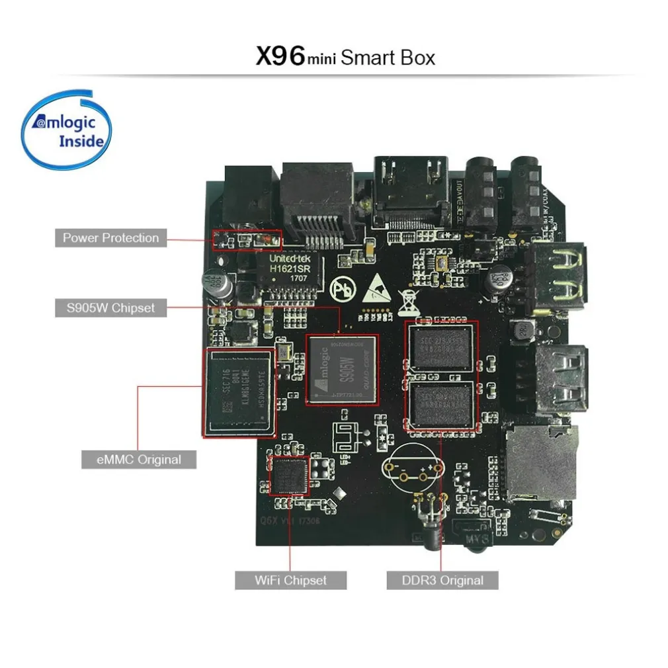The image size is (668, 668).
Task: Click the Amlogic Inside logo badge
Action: (67, 130)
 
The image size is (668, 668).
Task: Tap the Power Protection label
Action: (110, 238)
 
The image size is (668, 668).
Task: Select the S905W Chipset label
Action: (110, 308)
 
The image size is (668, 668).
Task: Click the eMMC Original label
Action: (139, 459)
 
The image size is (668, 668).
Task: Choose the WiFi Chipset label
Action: (291, 580)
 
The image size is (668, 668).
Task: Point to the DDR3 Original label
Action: (442, 580)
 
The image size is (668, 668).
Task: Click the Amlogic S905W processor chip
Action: (342, 370)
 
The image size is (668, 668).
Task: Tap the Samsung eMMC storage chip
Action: (238, 392)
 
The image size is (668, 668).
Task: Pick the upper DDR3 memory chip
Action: (441, 347)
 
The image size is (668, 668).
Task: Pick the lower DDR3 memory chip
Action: (441, 404)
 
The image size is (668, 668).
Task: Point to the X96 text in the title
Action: (280, 56)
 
